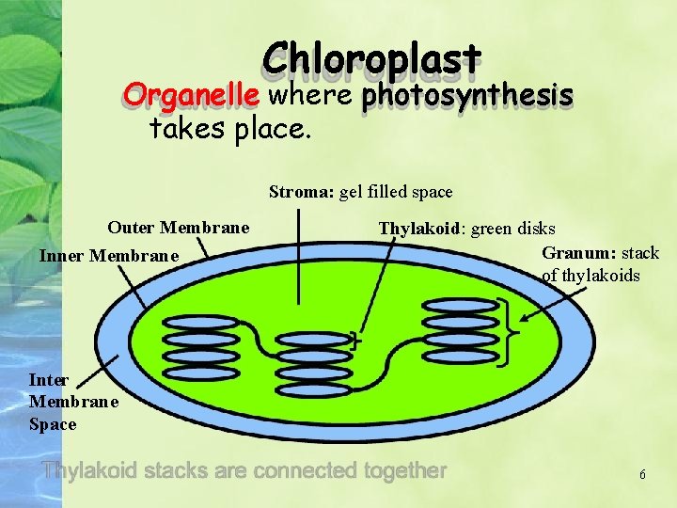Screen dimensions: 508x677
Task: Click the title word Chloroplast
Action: [x=372, y=60]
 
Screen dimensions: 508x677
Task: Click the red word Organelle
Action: [x=193, y=96]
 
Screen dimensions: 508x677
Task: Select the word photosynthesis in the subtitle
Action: [x=467, y=96]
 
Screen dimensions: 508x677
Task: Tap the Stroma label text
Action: [x=300, y=192]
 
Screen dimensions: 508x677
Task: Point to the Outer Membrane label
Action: [x=179, y=228]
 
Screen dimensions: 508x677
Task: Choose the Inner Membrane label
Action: [x=108, y=255]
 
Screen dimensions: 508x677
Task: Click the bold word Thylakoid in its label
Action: [x=418, y=228]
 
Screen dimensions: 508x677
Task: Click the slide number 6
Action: [x=642, y=475]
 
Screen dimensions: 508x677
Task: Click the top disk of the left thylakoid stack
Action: [x=200, y=323]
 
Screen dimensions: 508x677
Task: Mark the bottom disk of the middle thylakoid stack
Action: [x=315, y=389]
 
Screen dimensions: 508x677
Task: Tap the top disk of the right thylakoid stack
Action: [x=460, y=305]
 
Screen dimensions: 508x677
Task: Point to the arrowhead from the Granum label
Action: [x=523, y=319]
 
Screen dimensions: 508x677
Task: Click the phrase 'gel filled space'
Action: [x=396, y=192]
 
